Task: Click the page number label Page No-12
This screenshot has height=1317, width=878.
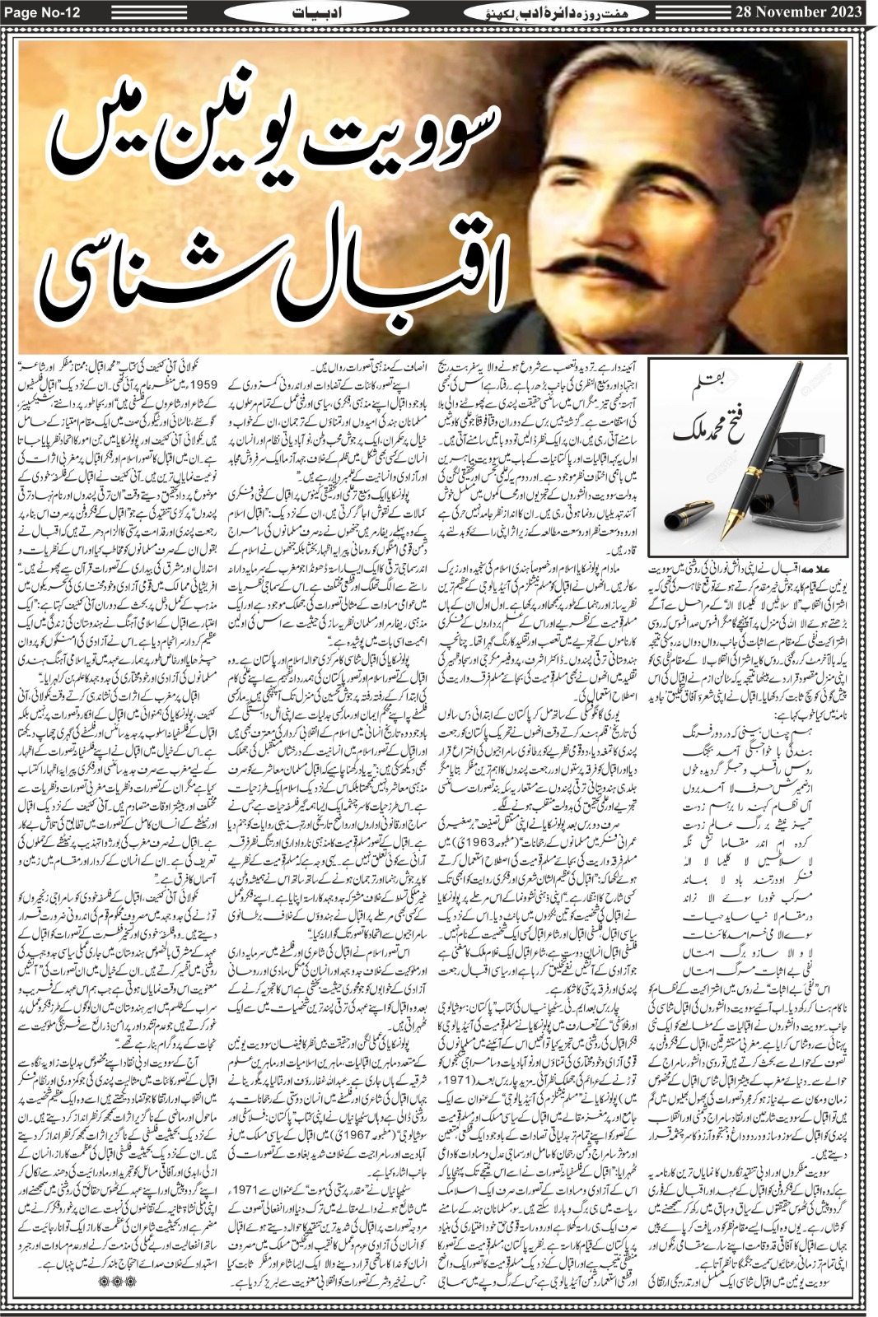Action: pos(41,12)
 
